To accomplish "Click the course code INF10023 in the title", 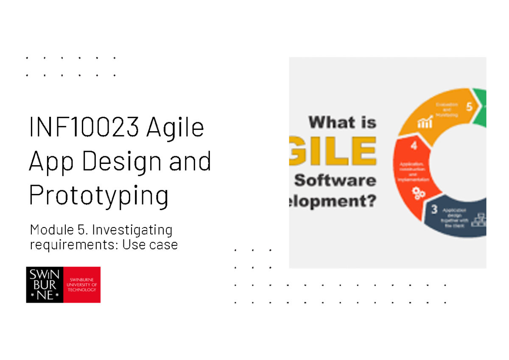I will click(x=84, y=127).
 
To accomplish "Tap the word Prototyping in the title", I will click(x=98, y=195).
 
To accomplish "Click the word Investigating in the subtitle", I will click(x=132, y=231).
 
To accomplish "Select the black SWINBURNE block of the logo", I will click(x=45, y=284).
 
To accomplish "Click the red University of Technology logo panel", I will click(x=82, y=284).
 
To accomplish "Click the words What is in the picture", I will click(x=342, y=123).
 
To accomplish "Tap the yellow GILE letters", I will click(x=333, y=150).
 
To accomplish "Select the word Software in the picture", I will click(x=335, y=180).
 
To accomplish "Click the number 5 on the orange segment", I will click(x=469, y=107).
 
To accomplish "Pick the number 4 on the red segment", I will click(x=413, y=146).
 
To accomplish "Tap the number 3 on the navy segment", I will click(x=434, y=209).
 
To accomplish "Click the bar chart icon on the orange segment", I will click(x=425, y=123).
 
